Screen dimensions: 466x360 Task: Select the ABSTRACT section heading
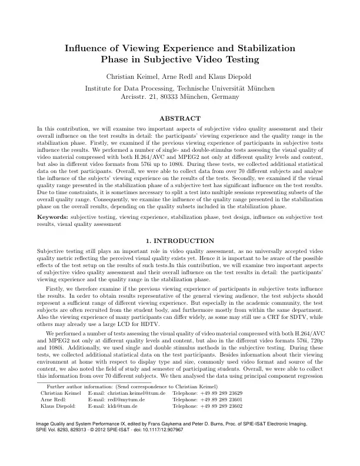click(180, 118)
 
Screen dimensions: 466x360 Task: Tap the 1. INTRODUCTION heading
click(180, 241)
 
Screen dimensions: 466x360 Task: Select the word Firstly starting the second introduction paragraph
click(56, 289)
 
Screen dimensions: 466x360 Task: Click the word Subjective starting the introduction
click(51, 251)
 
